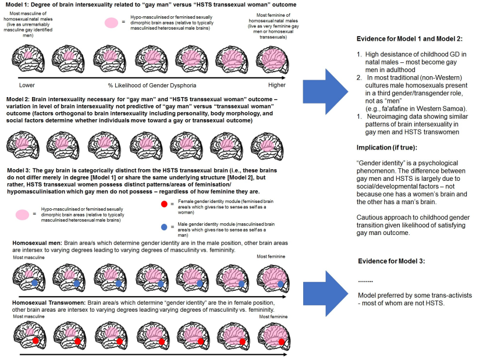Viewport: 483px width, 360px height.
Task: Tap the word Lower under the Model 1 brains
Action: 27,85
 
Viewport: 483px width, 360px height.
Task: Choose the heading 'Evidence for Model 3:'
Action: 392,261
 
